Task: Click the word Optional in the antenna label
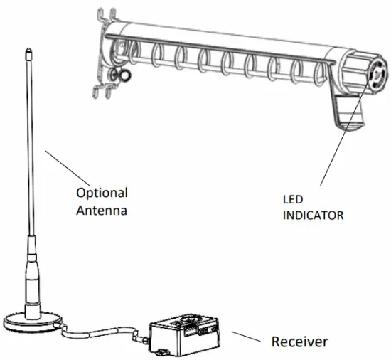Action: point(102,193)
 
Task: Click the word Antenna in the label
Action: point(102,211)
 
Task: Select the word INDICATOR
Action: point(312,214)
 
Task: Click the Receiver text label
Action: point(300,342)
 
